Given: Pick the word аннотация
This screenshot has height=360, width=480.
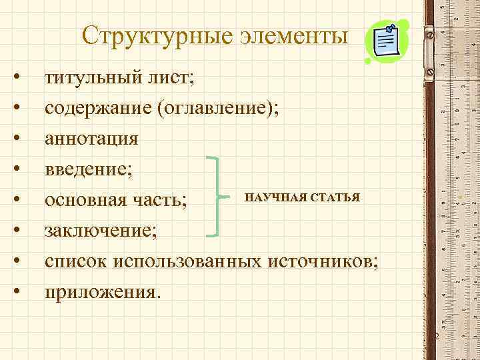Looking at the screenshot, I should click(x=91, y=139).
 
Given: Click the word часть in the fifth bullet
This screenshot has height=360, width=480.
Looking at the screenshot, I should click(x=165, y=199).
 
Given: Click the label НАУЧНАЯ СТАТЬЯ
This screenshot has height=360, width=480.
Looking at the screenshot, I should click(x=302, y=197).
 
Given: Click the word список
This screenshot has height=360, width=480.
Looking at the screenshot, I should click(x=76, y=261).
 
